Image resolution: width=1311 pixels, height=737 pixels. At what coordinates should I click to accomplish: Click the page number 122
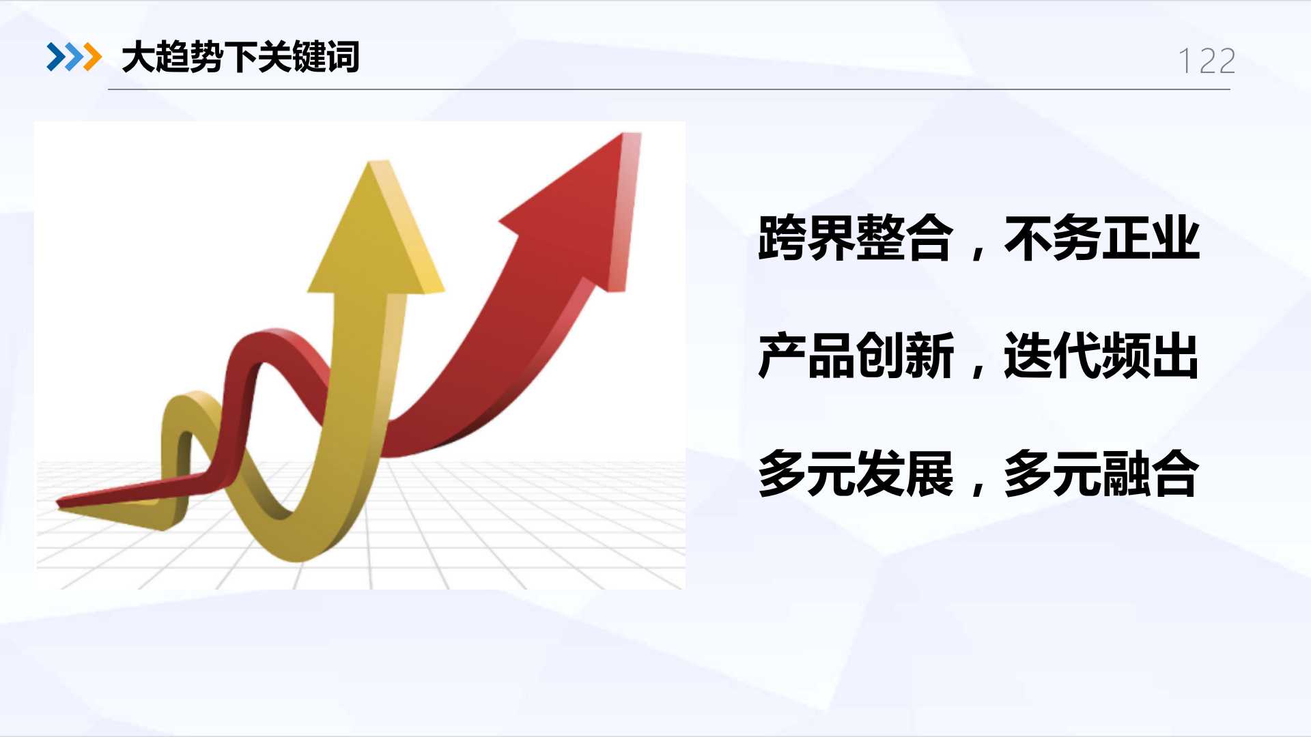(1207, 61)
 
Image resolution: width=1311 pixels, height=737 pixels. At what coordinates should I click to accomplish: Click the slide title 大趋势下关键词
(240, 57)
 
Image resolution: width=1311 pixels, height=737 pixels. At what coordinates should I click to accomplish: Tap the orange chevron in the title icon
(91, 57)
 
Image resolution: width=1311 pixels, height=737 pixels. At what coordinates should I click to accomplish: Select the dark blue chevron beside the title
(55, 57)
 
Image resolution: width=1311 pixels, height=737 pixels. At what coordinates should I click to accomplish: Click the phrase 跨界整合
(856, 237)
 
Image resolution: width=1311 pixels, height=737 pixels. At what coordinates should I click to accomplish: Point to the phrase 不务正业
(1101, 237)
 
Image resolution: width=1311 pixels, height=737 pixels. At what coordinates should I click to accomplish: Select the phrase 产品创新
(856, 355)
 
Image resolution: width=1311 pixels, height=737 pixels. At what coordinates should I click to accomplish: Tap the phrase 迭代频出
(1101, 355)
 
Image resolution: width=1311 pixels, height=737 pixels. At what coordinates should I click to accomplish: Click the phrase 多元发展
(856, 473)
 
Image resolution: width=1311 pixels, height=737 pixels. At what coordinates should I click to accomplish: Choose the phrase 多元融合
(1101, 473)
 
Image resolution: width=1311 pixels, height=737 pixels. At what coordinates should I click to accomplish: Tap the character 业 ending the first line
(1175, 237)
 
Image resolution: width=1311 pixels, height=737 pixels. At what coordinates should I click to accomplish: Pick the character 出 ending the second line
(1175, 355)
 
